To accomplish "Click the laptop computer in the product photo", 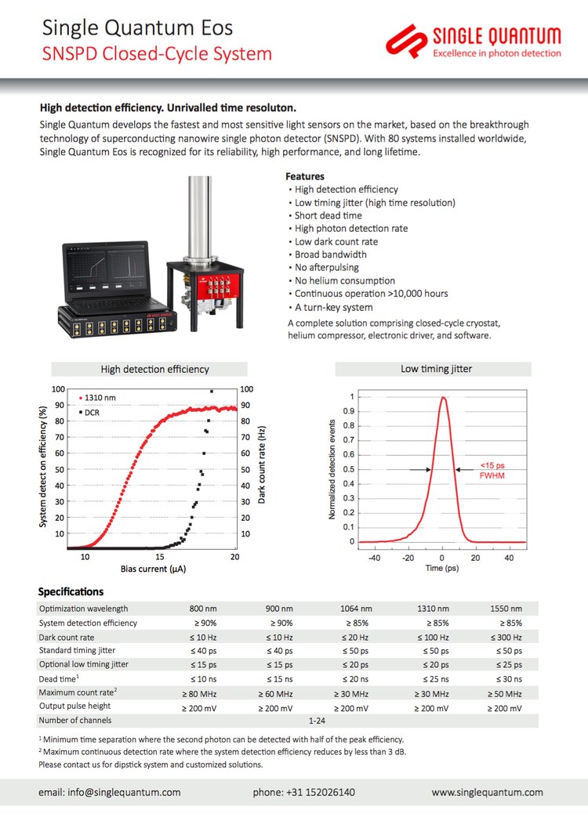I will click(107, 274).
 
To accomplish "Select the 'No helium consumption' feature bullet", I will click(344, 280).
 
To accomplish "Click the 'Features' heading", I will click(304, 176).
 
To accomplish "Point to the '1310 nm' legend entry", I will click(99, 398).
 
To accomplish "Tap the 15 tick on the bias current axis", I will click(160, 556).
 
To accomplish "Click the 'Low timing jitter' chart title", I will click(437, 369).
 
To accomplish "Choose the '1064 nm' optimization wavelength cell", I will click(357, 609).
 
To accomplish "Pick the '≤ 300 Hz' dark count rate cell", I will click(506, 637).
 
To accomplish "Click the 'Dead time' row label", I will click(60, 679).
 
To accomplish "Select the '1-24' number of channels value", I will click(317, 721).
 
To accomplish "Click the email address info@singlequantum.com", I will click(109, 793).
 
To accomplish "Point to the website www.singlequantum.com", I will click(487, 793).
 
